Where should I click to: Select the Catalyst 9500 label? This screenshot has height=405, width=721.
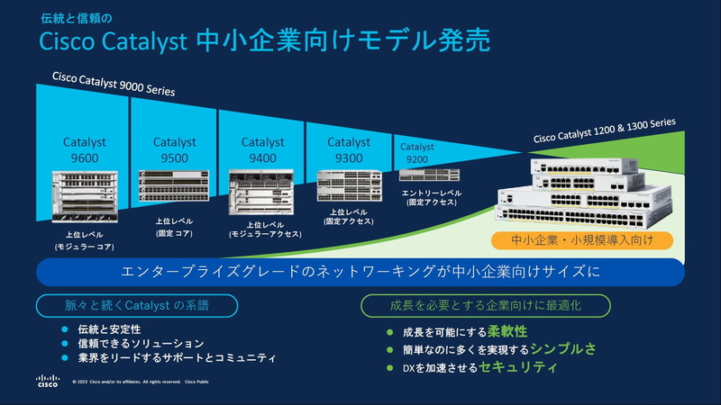(174, 150)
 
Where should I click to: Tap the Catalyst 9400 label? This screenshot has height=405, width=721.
(263, 150)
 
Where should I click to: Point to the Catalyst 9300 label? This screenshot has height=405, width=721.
(349, 150)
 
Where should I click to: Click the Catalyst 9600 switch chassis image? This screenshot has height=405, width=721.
(84, 197)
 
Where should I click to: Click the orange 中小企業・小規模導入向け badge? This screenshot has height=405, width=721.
(582, 240)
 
